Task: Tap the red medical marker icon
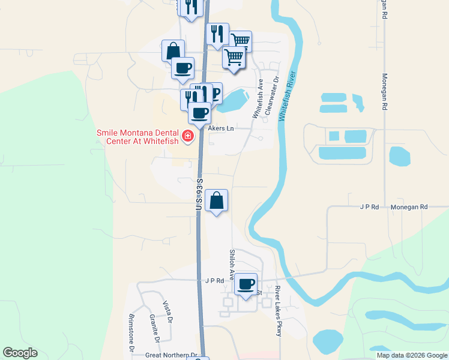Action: pyautogui.click(x=188, y=137)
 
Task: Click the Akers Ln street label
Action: pyautogui.click(x=221, y=128)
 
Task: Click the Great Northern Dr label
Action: pyautogui.click(x=171, y=355)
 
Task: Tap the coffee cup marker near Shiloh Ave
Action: pyautogui.click(x=246, y=284)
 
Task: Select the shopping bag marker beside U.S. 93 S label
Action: pyautogui.click(x=217, y=200)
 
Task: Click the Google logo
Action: pyautogui.click(x=20, y=353)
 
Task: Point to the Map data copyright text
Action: pyautogui.click(x=412, y=355)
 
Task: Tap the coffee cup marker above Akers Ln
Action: pyautogui.click(x=200, y=112)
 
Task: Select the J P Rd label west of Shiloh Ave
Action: pyautogui.click(x=214, y=280)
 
